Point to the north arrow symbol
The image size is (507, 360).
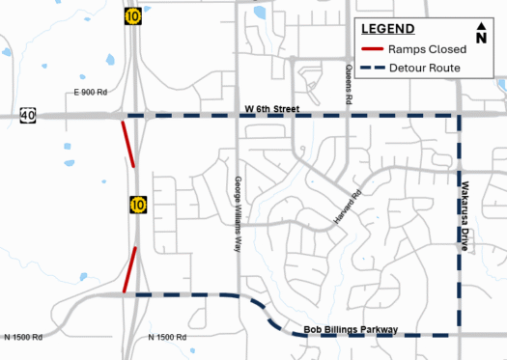pyautogui.click(x=481, y=32)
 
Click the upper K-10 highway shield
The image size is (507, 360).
pyautogui.click(x=131, y=16)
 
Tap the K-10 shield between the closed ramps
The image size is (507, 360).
pyautogui.click(x=139, y=205)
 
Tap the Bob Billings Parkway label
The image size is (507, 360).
pyautogui.click(x=351, y=330)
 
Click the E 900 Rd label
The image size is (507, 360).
pyautogui.click(x=89, y=92)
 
